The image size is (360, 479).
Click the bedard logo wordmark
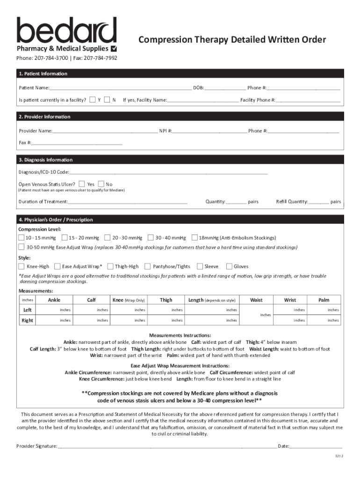point(66,30)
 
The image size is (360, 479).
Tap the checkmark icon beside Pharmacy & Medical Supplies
point(114,49)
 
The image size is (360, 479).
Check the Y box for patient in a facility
point(93,100)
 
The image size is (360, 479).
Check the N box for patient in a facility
point(107,100)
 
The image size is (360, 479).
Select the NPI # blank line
point(209,131)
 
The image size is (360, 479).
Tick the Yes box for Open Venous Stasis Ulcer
point(82,184)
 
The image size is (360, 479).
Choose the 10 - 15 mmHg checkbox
point(22,238)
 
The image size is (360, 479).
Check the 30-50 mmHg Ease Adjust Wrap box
point(22,247)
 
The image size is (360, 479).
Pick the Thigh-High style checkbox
point(110,266)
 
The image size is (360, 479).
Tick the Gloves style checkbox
point(229,266)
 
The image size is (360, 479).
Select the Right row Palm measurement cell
point(324,320)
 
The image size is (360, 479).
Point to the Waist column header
point(256,300)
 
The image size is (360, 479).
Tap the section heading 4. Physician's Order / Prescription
point(56,219)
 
